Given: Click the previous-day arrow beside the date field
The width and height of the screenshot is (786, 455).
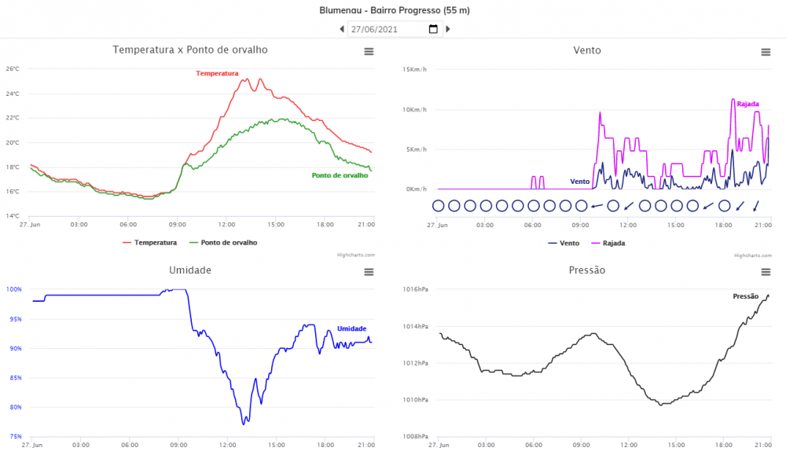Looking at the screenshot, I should (x=342, y=29).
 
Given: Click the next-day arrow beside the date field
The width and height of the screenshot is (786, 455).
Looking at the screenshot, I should (x=448, y=29).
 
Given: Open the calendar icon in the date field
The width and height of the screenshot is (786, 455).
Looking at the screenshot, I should (x=433, y=29).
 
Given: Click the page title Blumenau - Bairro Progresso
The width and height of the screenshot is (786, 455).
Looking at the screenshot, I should (x=394, y=10).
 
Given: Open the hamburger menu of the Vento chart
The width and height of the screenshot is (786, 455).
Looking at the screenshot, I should (x=766, y=52).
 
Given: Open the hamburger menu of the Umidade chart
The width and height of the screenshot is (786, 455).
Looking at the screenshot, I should (x=369, y=272).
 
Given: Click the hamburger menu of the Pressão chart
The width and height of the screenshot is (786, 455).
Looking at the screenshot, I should (x=766, y=272).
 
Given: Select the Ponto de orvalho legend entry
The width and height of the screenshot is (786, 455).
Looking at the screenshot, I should (x=228, y=243).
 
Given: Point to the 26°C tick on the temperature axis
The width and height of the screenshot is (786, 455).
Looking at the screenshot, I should (x=13, y=69).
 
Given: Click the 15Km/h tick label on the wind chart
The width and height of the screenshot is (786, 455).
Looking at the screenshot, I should (x=414, y=69).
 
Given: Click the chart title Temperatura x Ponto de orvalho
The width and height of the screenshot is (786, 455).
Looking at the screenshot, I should (x=190, y=50).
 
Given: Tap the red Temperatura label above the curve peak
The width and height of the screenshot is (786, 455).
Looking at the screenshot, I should (x=217, y=73).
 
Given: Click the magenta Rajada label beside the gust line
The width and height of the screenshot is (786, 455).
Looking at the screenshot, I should (x=747, y=104).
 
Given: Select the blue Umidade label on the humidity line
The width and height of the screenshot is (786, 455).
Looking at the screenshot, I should (x=351, y=328).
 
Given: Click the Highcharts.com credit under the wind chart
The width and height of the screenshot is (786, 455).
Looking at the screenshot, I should (x=750, y=255).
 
